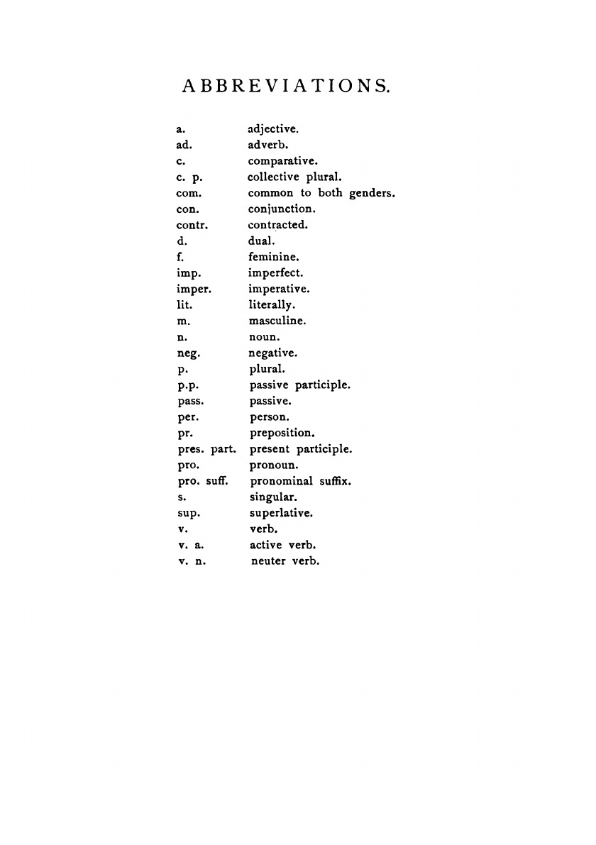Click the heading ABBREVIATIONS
(287, 87)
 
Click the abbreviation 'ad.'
(184, 145)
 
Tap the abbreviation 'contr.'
(191, 226)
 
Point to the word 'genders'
(371, 193)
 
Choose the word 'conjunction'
(282, 210)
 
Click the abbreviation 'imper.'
(194, 289)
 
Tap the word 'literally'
(272, 305)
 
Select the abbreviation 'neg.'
(187, 353)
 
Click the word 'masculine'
(277, 321)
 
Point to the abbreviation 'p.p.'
(187, 386)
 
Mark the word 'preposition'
(282, 433)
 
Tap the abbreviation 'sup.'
(189, 513)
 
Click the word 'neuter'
(267, 561)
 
